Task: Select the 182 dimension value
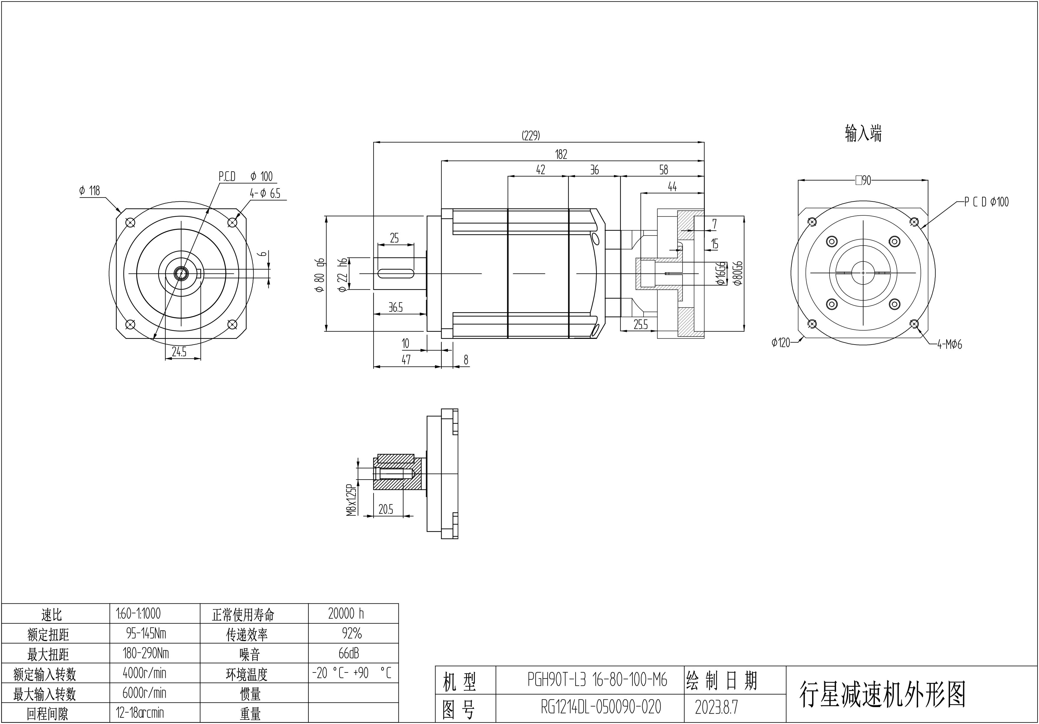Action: [561, 154]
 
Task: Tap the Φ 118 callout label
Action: [89, 190]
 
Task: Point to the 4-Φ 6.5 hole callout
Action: [265, 194]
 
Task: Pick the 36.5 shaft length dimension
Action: [396, 308]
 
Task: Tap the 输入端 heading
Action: [863, 134]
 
